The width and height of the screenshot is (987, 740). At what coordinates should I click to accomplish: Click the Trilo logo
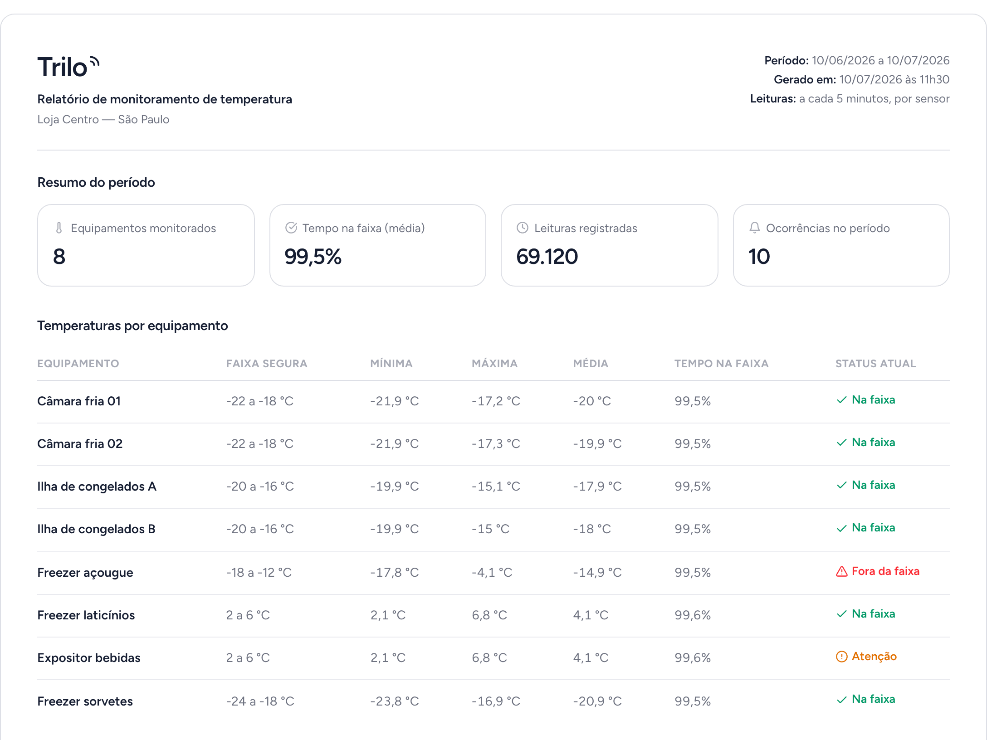click(68, 67)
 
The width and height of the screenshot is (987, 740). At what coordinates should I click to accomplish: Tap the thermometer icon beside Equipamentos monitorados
click(59, 228)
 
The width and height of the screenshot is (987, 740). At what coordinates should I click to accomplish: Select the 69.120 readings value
click(547, 257)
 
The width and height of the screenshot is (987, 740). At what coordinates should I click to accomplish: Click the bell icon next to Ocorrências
click(754, 228)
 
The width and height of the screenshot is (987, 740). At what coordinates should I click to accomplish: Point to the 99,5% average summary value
click(313, 257)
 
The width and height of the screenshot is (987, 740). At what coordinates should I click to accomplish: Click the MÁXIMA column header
click(494, 364)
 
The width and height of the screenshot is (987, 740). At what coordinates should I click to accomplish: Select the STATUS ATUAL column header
click(875, 364)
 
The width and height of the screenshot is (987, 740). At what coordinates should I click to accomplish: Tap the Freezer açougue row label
click(85, 573)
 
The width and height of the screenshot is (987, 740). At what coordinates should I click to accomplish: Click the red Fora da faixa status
click(877, 571)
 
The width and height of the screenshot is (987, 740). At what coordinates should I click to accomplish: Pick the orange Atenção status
click(866, 657)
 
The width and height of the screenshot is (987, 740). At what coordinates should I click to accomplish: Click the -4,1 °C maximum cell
click(492, 573)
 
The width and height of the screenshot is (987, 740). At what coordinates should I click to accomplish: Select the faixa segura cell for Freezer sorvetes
click(260, 701)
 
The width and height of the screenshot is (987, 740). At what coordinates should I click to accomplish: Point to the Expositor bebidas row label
click(89, 658)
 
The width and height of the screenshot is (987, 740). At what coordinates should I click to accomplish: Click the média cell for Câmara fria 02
click(597, 444)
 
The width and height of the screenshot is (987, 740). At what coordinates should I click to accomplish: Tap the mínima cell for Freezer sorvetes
click(394, 701)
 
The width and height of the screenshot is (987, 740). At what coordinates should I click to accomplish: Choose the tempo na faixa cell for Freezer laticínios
click(693, 615)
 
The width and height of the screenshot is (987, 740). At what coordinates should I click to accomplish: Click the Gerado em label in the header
click(805, 80)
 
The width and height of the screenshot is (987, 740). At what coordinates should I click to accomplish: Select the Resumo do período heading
click(96, 182)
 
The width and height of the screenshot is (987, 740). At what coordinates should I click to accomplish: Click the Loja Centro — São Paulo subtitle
click(103, 120)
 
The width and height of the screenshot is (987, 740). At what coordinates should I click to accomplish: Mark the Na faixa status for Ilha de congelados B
click(865, 528)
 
